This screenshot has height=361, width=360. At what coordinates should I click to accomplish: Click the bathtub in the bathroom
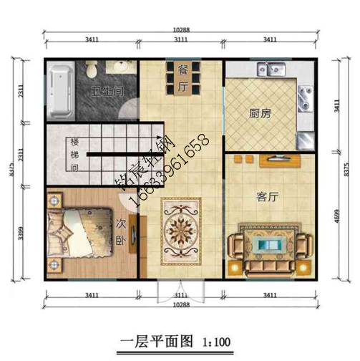click(60, 92)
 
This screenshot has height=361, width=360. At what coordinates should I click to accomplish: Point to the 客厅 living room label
click(267, 197)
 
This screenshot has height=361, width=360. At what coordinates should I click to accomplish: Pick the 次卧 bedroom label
click(120, 234)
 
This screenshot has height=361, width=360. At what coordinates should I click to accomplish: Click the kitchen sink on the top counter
click(273, 70)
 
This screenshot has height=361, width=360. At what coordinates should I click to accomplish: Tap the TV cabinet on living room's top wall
click(276, 159)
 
